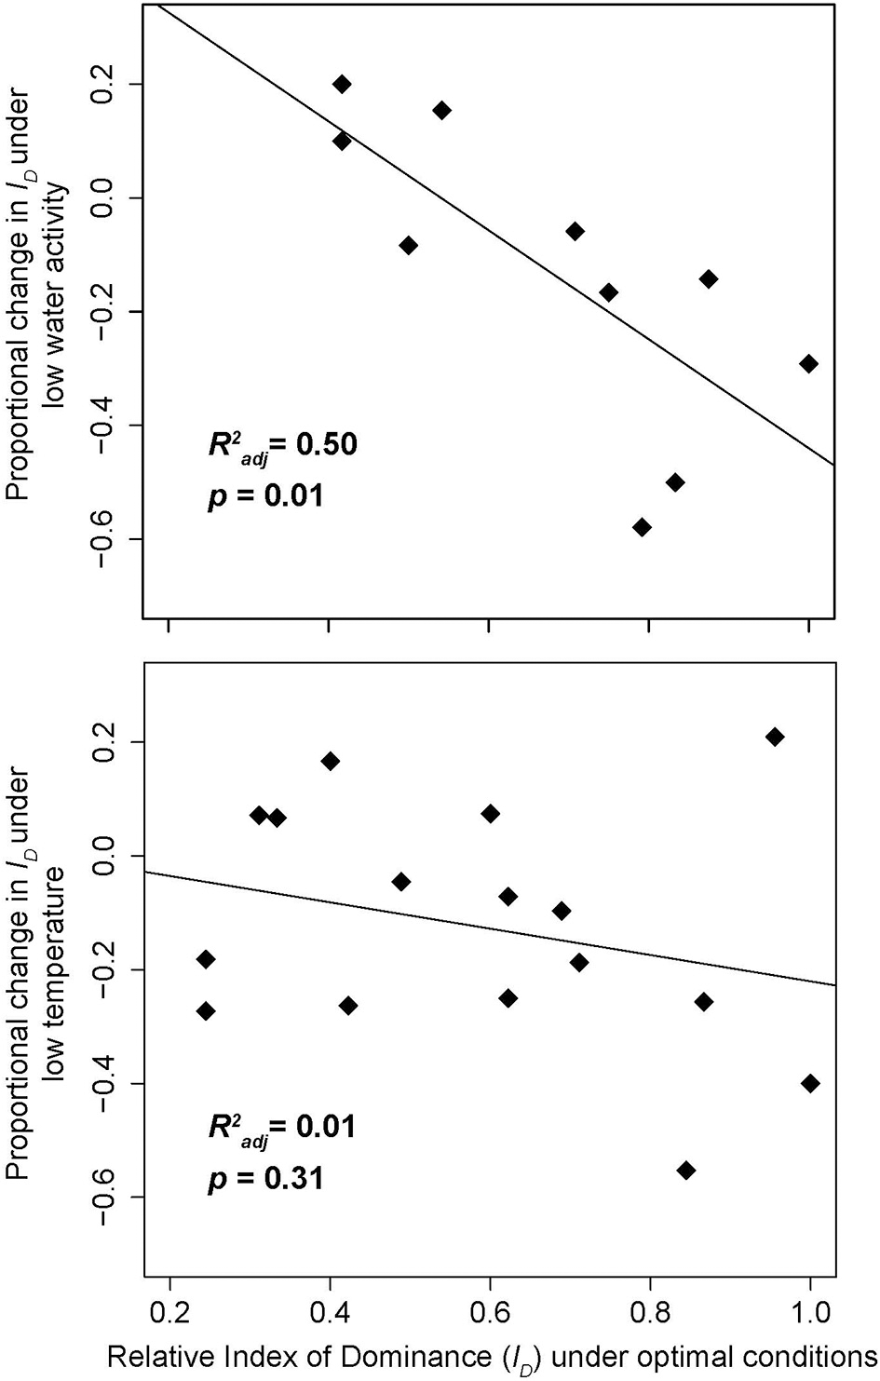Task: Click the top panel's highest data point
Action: point(342,85)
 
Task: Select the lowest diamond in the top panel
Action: point(642,527)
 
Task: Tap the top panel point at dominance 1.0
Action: point(808,363)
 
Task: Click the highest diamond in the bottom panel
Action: point(774,738)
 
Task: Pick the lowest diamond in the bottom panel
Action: point(686,1171)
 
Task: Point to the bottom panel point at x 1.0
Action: point(810,1083)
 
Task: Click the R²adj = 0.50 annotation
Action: point(281,445)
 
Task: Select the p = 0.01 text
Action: point(264,494)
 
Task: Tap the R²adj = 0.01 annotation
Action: point(281,1128)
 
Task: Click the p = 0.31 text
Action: point(264,1178)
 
